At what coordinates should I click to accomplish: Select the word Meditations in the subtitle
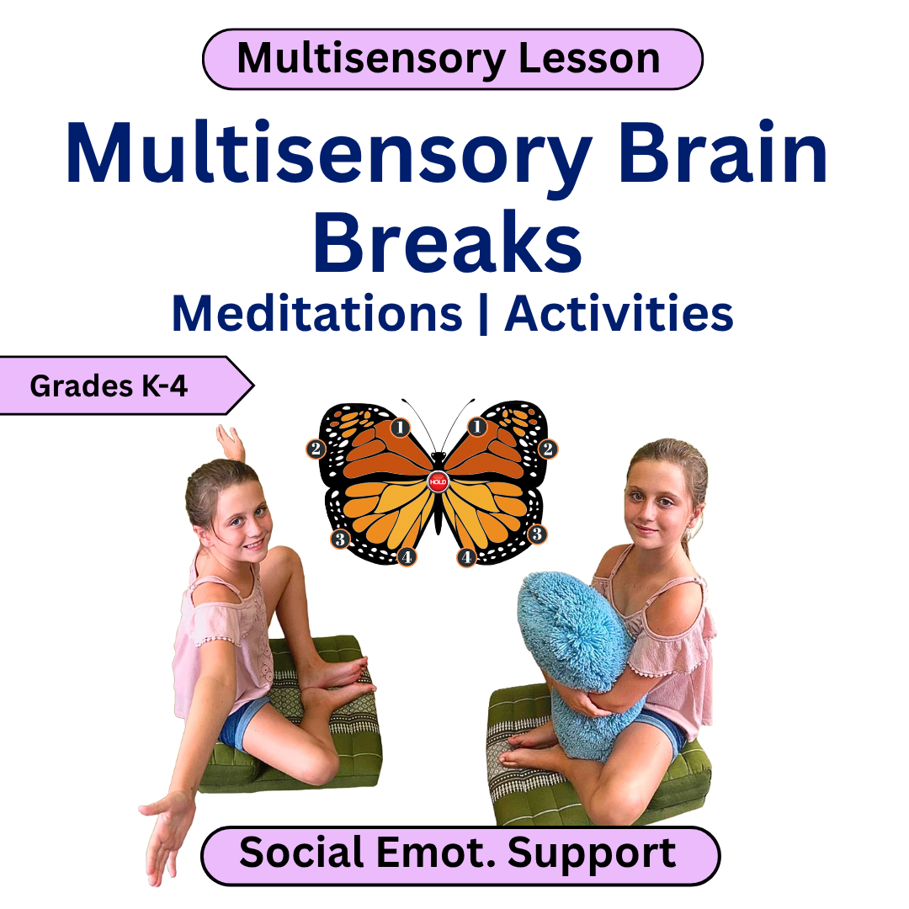pos(317,314)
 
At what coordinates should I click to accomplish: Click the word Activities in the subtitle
pos(619,314)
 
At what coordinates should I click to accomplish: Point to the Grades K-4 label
pos(109,385)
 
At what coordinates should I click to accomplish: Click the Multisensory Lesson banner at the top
pos(452,59)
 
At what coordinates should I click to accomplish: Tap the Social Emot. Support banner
pos(459,854)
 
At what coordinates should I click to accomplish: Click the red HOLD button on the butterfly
pos(438,482)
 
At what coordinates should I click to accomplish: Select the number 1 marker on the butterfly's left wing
pos(400,428)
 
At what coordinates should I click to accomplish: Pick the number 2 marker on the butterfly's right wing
pos(547,449)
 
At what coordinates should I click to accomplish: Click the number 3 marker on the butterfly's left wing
pos(339,539)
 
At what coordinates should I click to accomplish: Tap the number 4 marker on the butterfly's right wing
pos(467,556)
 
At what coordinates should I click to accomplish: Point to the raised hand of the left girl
pos(230,442)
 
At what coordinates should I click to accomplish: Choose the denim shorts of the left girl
pos(240,724)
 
